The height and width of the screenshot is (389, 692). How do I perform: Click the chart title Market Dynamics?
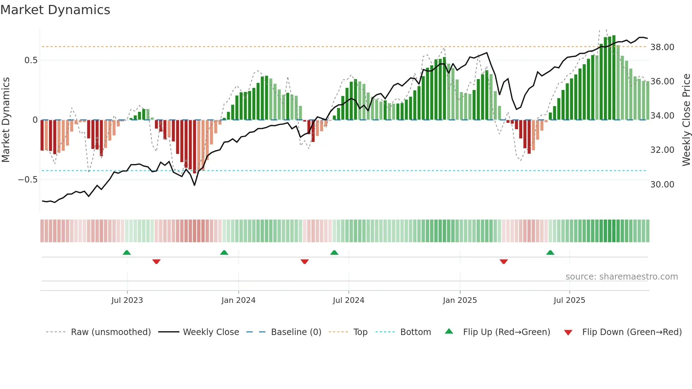pyautogui.click(x=55, y=10)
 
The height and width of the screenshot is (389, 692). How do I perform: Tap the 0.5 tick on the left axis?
pyautogui.click(x=31, y=60)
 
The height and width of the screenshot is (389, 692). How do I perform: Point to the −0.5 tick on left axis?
pyautogui.click(x=28, y=180)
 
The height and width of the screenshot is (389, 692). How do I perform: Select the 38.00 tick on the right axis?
pyautogui.click(x=662, y=47)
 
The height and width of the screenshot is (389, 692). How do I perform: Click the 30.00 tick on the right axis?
pyautogui.click(x=662, y=185)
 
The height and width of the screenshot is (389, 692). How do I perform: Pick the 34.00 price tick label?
pyautogui.click(x=662, y=116)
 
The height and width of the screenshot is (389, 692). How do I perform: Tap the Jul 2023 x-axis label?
pyautogui.click(x=127, y=300)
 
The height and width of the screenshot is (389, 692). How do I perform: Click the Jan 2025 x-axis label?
pyautogui.click(x=460, y=300)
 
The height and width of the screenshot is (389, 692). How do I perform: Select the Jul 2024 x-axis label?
pyautogui.click(x=348, y=300)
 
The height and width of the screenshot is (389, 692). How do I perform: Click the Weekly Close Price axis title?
pyautogui.click(x=686, y=120)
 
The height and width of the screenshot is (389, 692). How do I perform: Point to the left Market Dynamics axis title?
pyautogui.click(x=6, y=120)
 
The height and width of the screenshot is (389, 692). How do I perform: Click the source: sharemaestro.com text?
pyautogui.click(x=621, y=277)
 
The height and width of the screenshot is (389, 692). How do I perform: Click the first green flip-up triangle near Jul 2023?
pyautogui.click(x=127, y=252)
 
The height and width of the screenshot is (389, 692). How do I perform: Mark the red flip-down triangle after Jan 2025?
pyautogui.click(x=504, y=262)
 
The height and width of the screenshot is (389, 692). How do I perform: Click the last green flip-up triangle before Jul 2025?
pyautogui.click(x=550, y=252)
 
